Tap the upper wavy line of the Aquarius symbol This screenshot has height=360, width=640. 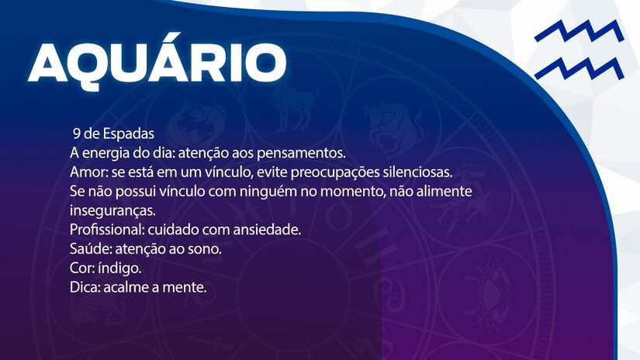click(x=579, y=33)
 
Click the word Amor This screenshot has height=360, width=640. click(x=83, y=171)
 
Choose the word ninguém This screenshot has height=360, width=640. click(x=278, y=191)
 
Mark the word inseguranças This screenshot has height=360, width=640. click(x=112, y=210)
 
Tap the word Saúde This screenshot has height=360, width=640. click(x=87, y=249)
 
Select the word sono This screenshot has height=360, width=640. click(x=206, y=249)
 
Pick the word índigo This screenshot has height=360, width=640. click(x=122, y=268)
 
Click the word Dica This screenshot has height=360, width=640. click(x=84, y=288)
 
